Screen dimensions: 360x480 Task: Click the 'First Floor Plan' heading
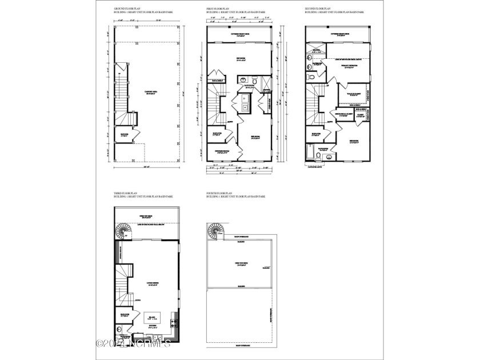[218, 10]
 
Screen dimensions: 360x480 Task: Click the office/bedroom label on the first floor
[222, 151]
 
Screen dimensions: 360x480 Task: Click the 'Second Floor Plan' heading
[317, 10]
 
